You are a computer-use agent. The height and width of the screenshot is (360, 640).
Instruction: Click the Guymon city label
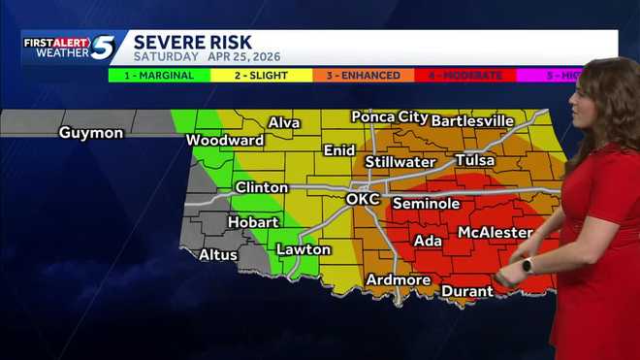(x=91, y=133)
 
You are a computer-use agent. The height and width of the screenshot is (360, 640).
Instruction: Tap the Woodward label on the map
(x=225, y=140)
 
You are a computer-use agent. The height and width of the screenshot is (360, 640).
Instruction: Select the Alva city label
(x=283, y=122)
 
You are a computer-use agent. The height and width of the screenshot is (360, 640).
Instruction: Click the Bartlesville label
(x=472, y=120)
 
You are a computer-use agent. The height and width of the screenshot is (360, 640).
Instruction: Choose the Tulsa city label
(x=474, y=160)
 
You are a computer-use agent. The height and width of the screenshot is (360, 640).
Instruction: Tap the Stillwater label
(x=400, y=162)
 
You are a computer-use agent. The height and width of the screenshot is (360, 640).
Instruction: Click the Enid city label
(x=339, y=150)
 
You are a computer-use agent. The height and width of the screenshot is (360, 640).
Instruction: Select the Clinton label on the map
(x=261, y=187)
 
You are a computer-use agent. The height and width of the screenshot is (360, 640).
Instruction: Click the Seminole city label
(x=426, y=204)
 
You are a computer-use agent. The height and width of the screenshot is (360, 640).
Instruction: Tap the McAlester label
(x=495, y=233)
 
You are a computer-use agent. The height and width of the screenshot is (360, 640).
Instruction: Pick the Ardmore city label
(x=398, y=280)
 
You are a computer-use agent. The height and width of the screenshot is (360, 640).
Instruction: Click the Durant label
(x=467, y=291)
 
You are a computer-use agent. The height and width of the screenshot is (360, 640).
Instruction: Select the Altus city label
(x=218, y=255)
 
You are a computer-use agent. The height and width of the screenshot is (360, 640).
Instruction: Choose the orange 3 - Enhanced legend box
(x=362, y=75)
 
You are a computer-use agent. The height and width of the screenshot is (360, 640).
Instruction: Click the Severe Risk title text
(x=192, y=42)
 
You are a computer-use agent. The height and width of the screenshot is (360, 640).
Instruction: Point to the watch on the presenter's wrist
(x=528, y=265)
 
